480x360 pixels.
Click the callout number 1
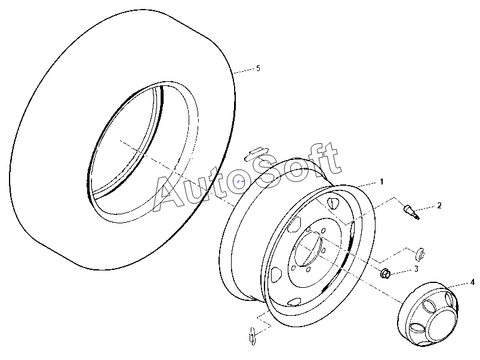tap(381, 182)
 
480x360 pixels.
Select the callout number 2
tap(439, 205)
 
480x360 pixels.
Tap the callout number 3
tap(416, 269)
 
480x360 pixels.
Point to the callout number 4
tap(472, 282)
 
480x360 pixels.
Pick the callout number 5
tap(258, 68)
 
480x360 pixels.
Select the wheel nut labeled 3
tap(385, 273)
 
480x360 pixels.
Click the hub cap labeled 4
tap(428, 314)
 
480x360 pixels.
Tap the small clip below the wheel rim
tap(253, 336)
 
